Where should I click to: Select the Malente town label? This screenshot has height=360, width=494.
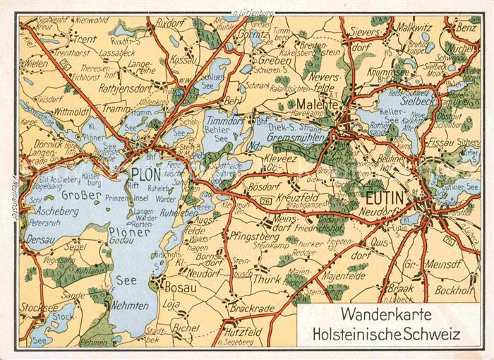pyautogui.click(x=325, y=104)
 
